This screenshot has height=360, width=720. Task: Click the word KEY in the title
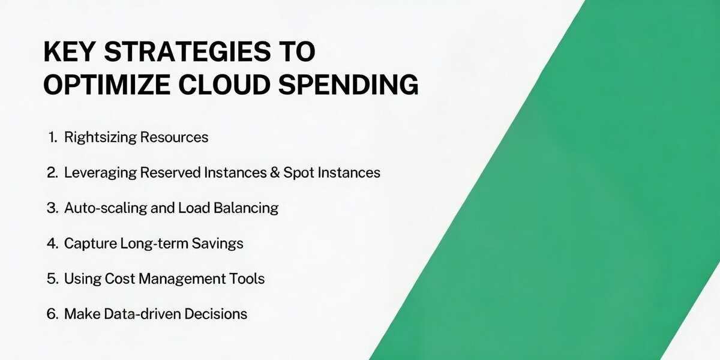pyautogui.click(x=69, y=52)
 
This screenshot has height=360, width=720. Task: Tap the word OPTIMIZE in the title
pyautogui.click(x=107, y=85)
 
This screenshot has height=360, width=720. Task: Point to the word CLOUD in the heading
pyautogui.click(x=224, y=85)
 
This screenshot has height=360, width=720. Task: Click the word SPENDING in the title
pyautogui.click(x=349, y=85)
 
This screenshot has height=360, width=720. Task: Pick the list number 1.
pyautogui.click(x=53, y=137)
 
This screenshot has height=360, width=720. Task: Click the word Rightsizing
pyautogui.click(x=101, y=137)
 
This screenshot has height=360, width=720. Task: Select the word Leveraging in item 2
pyautogui.click(x=100, y=173)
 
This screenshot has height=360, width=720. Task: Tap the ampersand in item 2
pyautogui.click(x=275, y=173)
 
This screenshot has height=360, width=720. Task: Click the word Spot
pyautogui.click(x=299, y=173)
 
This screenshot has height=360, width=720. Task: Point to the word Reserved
pyautogui.click(x=170, y=173)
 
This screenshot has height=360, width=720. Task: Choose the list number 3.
pyautogui.click(x=52, y=208)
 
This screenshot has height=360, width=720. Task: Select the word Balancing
pyautogui.click(x=246, y=208)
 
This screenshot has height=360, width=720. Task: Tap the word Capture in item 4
pyautogui.click(x=91, y=244)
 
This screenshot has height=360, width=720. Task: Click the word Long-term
pyautogui.click(x=154, y=244)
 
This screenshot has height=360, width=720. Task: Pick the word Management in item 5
pyautogui.click(x=182, y=278)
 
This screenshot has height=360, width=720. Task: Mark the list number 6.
pyautogui.click(x=52, y=314)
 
